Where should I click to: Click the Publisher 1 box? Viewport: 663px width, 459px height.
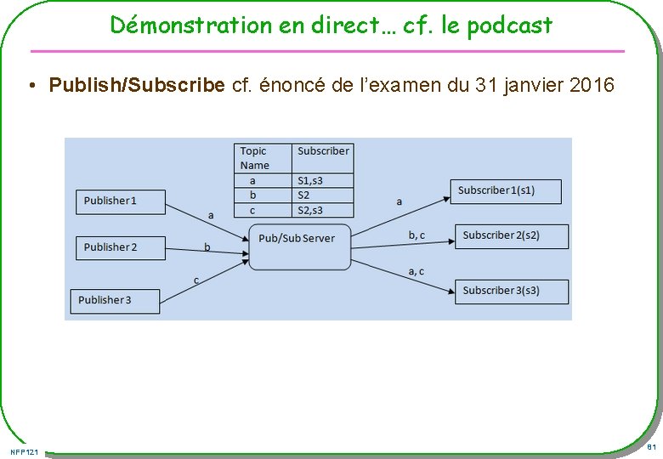[x=118, y=201]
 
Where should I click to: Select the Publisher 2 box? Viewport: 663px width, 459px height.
[x=118, y=247]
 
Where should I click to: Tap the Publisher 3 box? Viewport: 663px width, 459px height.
[x=114, y=300]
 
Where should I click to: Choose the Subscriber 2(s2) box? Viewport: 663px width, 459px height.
[x=511, y=235]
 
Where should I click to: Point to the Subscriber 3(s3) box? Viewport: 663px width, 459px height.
[x=511, y=291]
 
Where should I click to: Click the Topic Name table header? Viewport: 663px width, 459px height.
[x=263, y=158]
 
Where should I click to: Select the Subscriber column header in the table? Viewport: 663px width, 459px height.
[x=323, y=151]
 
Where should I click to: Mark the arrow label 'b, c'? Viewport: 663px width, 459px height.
[x=416, y=235]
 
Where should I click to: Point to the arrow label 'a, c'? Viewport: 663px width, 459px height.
[x=416, y=271]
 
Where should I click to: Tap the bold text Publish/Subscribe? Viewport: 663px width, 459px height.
[x=137, y=85]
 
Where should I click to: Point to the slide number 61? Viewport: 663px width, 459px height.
[x=650, y=447]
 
